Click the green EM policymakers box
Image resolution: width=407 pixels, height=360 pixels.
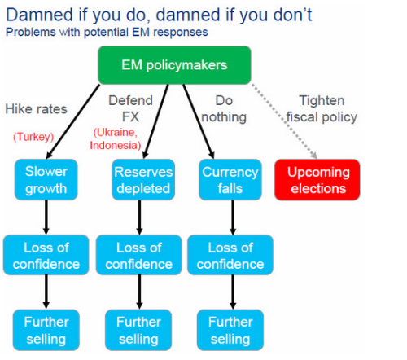coord(174,65)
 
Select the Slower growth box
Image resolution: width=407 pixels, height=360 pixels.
coord(46,180)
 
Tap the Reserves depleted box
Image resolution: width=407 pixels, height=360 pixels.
coord(143,180)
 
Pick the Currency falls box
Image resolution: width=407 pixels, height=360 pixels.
coord(230,180)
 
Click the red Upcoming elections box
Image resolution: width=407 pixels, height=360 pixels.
coord(317,180)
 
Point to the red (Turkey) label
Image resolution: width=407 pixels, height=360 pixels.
coord(33,137)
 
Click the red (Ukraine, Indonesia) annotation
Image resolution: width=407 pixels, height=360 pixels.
coord(116,138)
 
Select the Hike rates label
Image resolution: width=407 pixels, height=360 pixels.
coord(36,109)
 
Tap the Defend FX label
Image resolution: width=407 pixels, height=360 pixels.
coord(131,108)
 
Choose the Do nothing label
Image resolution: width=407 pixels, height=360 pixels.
coord(224,108)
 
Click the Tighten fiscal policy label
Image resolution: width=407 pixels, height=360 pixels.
coord(322,109)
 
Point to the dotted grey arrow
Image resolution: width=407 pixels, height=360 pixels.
coord(284,121)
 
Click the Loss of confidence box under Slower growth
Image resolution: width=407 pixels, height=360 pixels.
coord(46,255)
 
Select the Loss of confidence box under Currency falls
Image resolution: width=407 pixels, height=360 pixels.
coord(230,255)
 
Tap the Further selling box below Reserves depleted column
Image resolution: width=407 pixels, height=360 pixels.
coord(138,330)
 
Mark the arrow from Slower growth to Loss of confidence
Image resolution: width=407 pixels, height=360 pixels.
coord(46,217)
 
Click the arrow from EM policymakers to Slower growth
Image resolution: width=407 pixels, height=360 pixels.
coord(73,121)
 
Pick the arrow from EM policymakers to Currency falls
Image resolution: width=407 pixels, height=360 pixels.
coord(199,121)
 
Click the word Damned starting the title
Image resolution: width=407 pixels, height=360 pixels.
coord(40,15)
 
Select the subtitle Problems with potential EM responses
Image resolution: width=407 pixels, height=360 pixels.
coord(107,32)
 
